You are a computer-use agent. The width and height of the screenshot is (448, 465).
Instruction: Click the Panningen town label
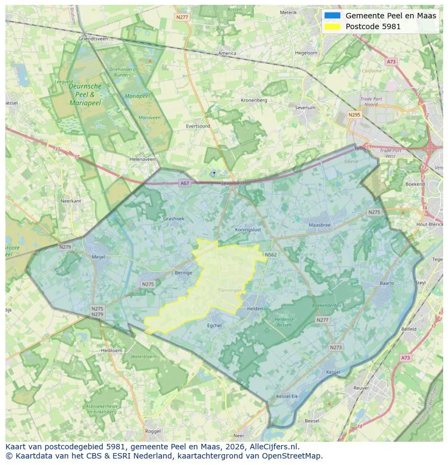(229, 290)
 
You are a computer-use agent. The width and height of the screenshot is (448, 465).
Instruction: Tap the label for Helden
(254, 309)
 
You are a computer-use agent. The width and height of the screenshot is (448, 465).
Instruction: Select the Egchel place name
(214, 326)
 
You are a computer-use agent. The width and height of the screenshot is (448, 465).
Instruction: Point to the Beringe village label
(183, 273)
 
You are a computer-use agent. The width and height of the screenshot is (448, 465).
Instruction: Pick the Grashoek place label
(174, 219)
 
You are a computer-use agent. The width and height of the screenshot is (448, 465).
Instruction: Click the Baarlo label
(387, 283)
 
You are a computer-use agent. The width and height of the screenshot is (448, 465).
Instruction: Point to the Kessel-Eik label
(287, 396)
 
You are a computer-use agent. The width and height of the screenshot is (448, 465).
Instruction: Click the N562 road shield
(271, 254)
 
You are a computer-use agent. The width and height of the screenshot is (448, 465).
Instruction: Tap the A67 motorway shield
(185, 183)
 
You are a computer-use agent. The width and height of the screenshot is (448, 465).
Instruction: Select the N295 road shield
(354, 114)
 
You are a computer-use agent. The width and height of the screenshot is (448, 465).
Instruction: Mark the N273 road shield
(335, 347)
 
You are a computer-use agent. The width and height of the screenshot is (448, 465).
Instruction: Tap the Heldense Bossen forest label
(284, 321)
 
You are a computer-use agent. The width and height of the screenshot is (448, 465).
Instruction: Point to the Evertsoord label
(197, 126)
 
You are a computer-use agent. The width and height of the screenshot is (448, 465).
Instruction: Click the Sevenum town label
(305, 108)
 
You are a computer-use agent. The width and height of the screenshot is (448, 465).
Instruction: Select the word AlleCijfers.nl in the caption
(270, 447)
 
